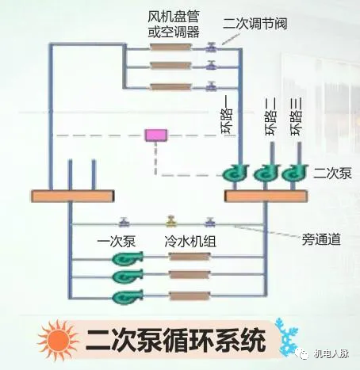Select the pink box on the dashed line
click(154, 135)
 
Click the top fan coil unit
click(170, 48)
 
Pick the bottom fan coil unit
click(170, 86)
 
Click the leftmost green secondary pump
click(236, 173)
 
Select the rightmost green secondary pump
click(294, 173)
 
